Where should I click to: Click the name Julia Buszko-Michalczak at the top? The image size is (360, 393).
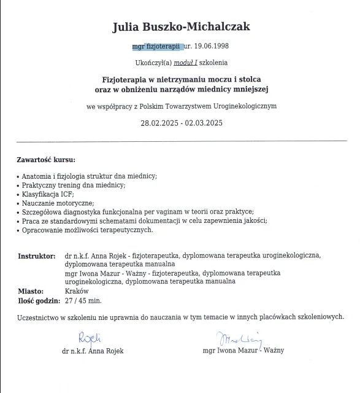click(x=182, y=26)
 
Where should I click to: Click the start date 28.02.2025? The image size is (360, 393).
click(x=159, y=123)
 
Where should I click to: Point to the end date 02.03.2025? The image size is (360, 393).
click(x=203, y=123)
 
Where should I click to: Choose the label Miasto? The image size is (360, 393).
click(x=30, y=291)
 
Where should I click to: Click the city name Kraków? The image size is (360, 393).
click(x=77, y=291)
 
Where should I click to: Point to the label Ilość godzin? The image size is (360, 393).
click(x=39, y=301)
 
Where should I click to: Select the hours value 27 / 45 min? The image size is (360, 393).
click(x=83, y=301)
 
